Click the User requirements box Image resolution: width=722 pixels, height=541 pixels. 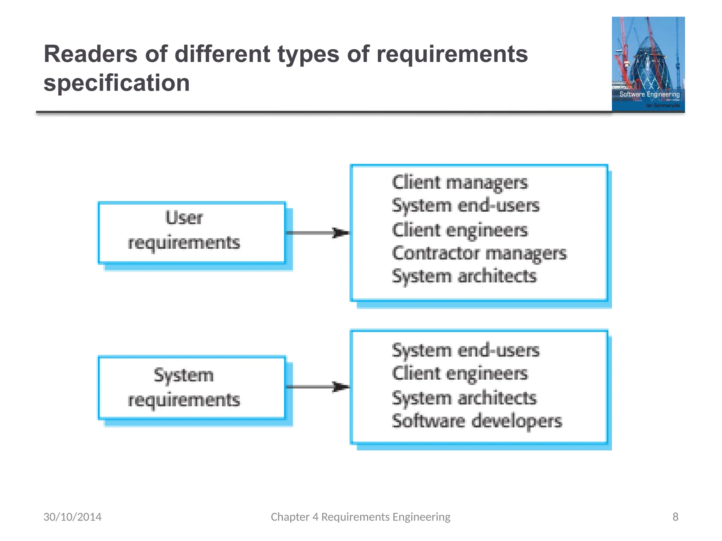pos(191,232)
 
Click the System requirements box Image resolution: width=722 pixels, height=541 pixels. pos(191,387)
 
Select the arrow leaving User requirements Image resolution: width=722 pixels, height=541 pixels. pos(317,233)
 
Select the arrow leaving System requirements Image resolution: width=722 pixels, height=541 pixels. pos(317,387)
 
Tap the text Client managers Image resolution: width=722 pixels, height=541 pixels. pos(460,183)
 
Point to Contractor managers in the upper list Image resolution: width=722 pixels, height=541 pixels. pos(479,253)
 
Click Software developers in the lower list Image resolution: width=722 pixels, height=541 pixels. pos(477,421)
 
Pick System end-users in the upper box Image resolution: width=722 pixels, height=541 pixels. pos(465,206)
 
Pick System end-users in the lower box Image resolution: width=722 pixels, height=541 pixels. pos(465,350)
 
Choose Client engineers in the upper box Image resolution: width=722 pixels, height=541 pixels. pos(460,230)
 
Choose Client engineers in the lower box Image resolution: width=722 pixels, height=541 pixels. pos(460,374)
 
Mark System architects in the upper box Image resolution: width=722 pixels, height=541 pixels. pos(464,276)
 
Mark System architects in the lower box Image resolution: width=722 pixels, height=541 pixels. pos(464,398)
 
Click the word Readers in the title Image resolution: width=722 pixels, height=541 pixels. pos(90,54)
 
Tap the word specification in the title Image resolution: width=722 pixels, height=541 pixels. pos(116,83)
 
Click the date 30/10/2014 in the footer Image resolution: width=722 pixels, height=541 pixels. pos(72,517)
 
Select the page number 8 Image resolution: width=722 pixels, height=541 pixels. pos(675,517)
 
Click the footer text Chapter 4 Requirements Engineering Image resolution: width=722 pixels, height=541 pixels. pos(360,517)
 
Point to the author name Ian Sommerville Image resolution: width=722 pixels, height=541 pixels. pos(662,105)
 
